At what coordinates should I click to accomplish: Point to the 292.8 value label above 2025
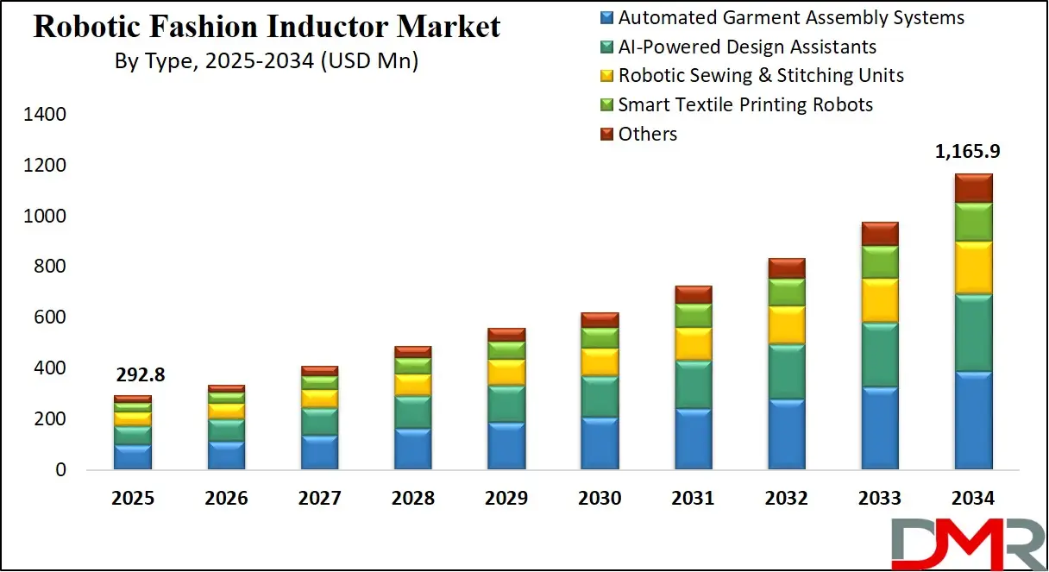(140, 375)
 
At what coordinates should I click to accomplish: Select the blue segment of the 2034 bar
(973, 420)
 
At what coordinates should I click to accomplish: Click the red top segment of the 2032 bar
(787, 267)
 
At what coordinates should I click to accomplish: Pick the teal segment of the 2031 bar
(694, 384)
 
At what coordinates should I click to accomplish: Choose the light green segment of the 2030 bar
(600, 337)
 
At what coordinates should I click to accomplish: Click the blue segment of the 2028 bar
(413, 449)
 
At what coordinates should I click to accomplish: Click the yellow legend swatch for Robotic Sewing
(606, 76)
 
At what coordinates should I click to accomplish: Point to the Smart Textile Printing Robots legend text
(745, 104)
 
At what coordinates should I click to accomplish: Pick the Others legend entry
(647, 134)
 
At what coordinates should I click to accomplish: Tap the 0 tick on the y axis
(60, 470)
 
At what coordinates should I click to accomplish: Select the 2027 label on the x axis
(319, 499)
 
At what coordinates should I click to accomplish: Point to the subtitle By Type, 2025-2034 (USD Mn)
(267, 62)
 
